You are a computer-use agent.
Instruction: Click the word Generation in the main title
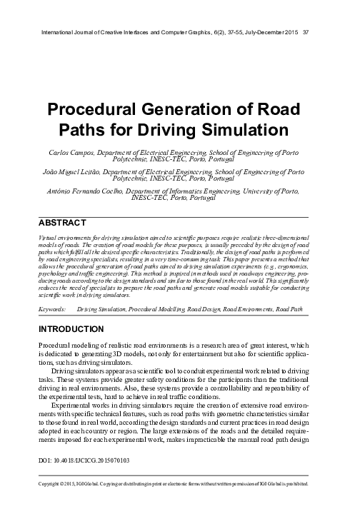pos(181,112)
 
